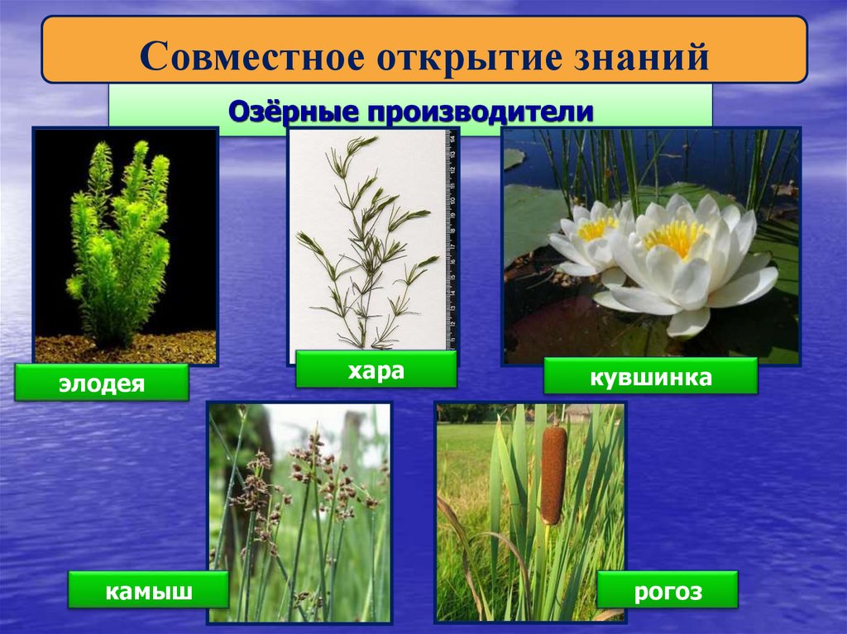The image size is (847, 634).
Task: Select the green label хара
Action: coord(376,369)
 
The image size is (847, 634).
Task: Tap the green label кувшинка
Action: coord(650,376)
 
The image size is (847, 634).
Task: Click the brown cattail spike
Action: coord(553,474)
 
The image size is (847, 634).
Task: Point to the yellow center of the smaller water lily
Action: coord(597,227)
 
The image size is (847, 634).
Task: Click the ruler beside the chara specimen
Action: coord(451,240)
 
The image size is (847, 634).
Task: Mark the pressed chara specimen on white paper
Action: coord(364,240)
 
